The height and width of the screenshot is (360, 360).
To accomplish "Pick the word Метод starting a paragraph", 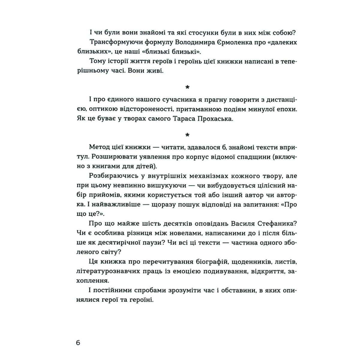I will click(99, 148).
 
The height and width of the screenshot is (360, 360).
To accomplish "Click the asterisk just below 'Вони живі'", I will click(187, 87).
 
